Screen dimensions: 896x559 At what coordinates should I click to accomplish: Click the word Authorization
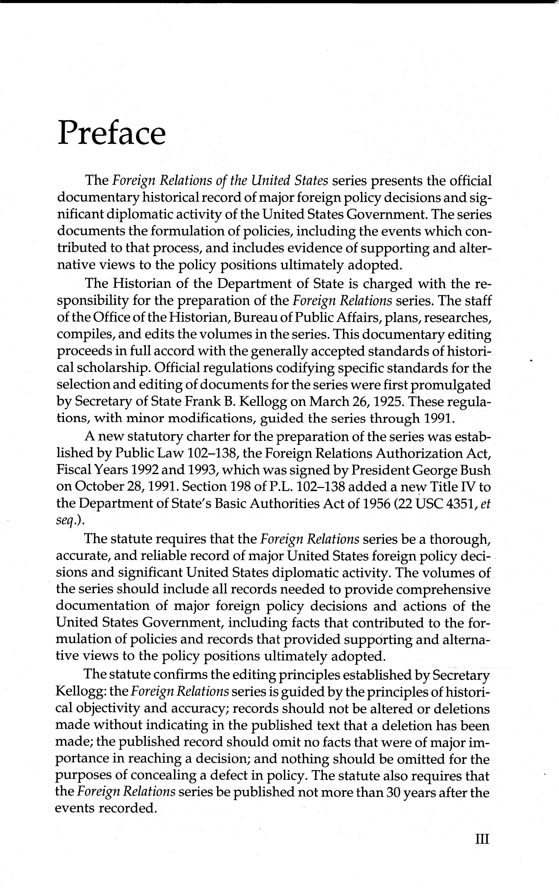click(423, 453)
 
